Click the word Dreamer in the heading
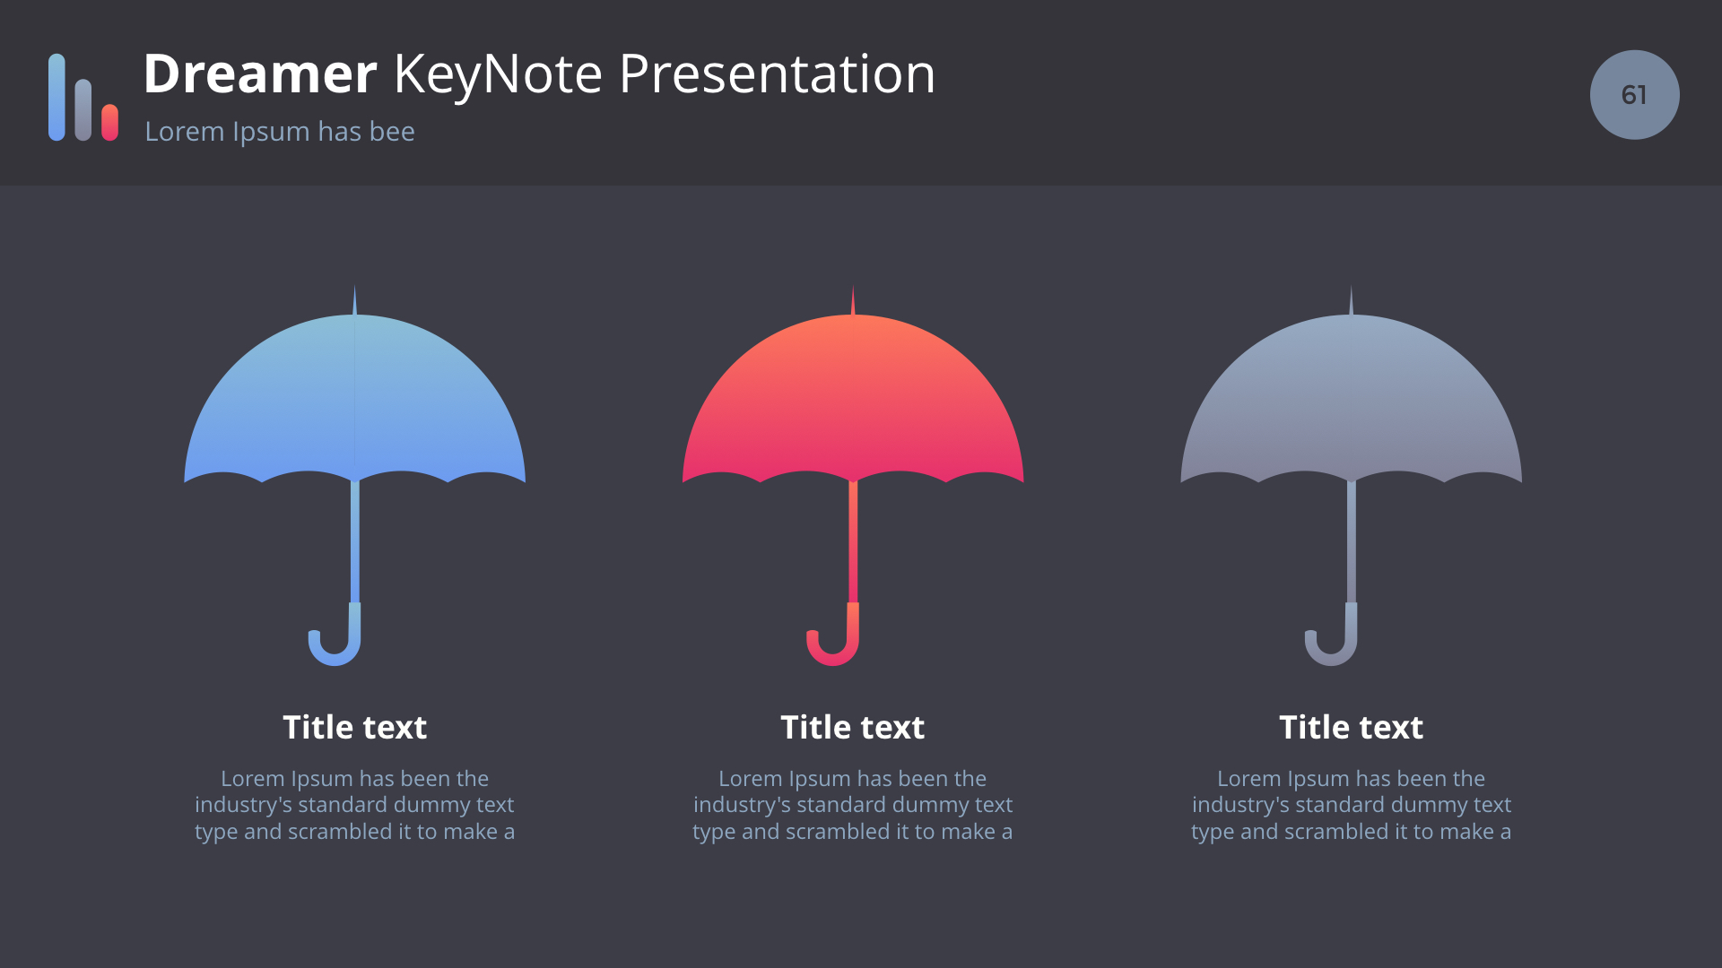pyautogui.click(x=260, y=73)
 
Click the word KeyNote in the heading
pyautogui.click(x=498, y=75)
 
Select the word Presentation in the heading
pyautogui.click(x=777, y=73)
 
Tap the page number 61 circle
pyautogui.click(x=1634, y=94)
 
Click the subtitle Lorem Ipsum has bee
pyautogui.click(x=280, y=132)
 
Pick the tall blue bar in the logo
pyautogui.click(x=57, y=97)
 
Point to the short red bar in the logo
pyautogui.click(x=109, y=122)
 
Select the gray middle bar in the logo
pyautogui.click(x=83, y=109)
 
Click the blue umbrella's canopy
pyautogui.click(x=354, y=399)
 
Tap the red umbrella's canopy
pyautogui.click(x=853, y=399)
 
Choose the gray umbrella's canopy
pyautogui.click(x=1351, y=399)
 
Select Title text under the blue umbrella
pyautogui.click(x=355, y=727)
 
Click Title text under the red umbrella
pyautogui.click(x=853, y=727)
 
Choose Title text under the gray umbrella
pyautogui.click(x=1352, y=727)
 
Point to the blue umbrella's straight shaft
pyautogui.click(x=355, y=541)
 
